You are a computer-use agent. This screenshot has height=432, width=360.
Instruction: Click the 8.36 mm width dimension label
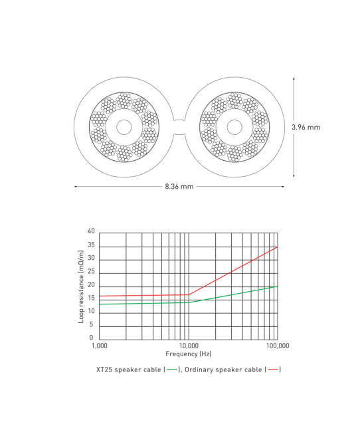(179, 187)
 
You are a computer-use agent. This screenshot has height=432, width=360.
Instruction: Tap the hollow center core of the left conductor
(124, 127)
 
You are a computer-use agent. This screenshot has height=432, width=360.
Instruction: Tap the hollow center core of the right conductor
(234, 127)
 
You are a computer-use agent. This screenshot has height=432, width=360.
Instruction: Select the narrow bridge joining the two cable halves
(179, 127)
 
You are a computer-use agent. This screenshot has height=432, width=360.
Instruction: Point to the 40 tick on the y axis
(91, 231)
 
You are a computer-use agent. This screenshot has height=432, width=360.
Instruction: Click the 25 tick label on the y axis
(91, 272)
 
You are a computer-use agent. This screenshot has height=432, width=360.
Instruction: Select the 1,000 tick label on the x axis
(99, 346)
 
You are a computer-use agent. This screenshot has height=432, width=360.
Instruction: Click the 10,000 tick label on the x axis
(189, 346)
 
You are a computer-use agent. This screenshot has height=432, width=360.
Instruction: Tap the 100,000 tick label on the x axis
(276, 346)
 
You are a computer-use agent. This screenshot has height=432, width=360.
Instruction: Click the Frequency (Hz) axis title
(189, 354)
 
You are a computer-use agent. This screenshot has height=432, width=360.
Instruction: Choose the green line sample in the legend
(173, 369)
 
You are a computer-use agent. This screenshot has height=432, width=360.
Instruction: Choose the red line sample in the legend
(272, 369)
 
